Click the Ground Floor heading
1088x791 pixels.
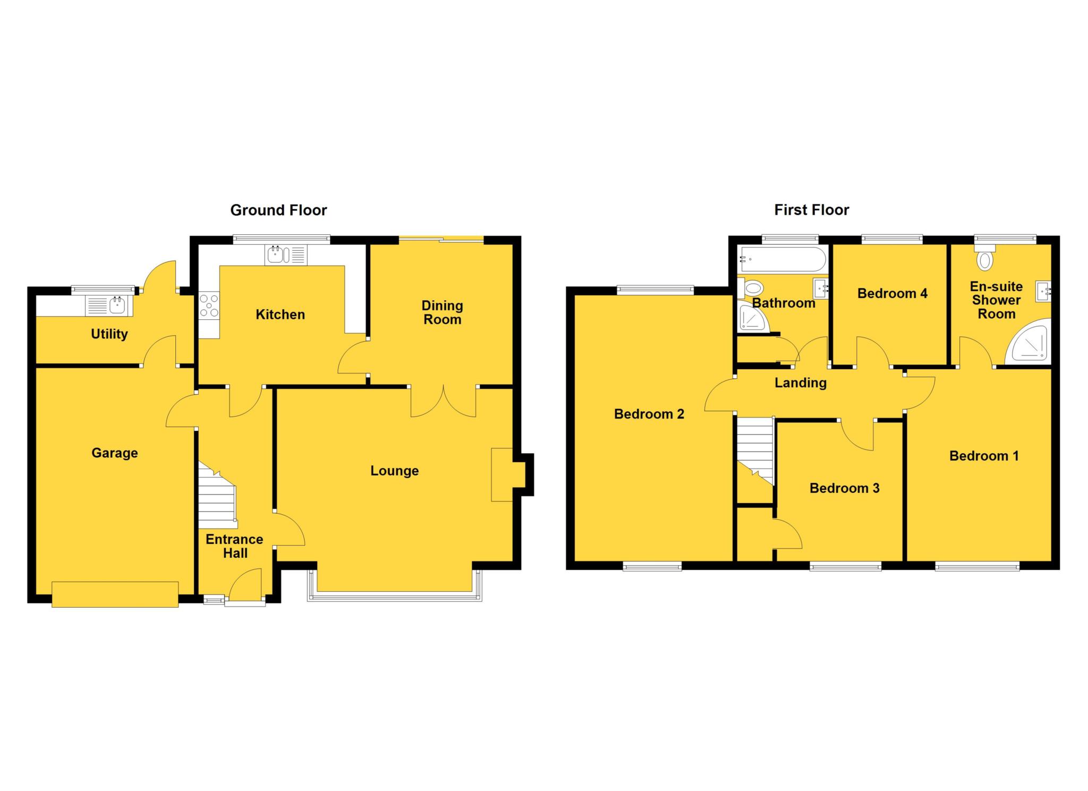pyautogui.click(x=278, y=210)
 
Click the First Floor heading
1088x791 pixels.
pyautogui.click(x=811, y=210)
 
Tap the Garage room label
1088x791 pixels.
pyautogui.click(x=114, y=453)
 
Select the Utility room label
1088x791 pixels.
pyautogui.click(x=109, y=334)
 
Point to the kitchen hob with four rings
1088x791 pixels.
pyautogui.click(x=209, y=306)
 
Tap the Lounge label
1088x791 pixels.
pyautogui.click(x=394, y=471)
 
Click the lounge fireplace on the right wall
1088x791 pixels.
pyautogui.click(x=502, y=474)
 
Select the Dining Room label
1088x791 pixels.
pyautogui.click(x=442, y=312)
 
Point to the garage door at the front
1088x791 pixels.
pyautogui.click(x=115, y=594)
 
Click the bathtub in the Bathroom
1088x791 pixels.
pyautogui.click(x=783, y=260)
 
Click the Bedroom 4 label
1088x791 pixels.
pyautogui.click(x=892, y=293)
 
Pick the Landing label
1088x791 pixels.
pyautogui.click(x=800, y=383)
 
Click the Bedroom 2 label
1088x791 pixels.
pyautogui.click(x=649, y=414)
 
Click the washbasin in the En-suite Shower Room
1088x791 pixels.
pyautogui.click(x=1043, y=291)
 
